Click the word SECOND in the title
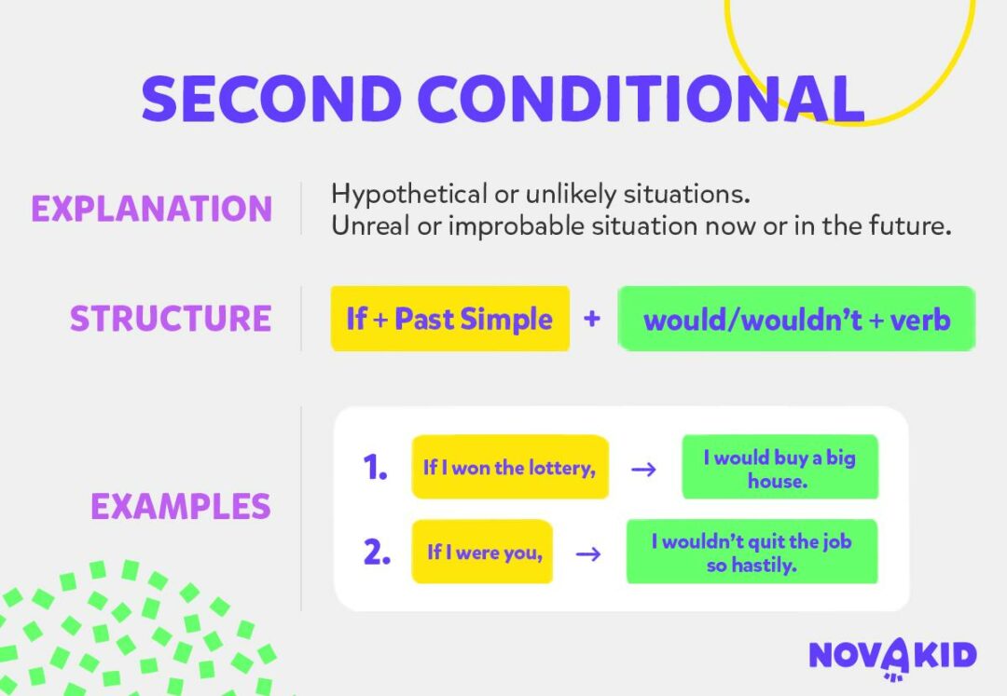point(271,98)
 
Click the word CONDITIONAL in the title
point(641,98)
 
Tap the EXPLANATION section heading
point(151,209)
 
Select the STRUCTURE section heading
point(171,319)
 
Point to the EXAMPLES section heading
point(180,507)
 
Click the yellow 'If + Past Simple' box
point(449,319)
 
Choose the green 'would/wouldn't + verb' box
point(796,320)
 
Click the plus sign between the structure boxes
point(592,319)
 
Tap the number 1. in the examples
point(375,468)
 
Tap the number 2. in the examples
point(376,553)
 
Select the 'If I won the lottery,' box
point(509,468)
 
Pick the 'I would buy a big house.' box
point(779,469)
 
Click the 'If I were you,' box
point(482,553)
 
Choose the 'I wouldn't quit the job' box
point(752,553)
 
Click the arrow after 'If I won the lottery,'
point(643,469)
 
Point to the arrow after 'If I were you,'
point(587,553)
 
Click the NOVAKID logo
point(892,655)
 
